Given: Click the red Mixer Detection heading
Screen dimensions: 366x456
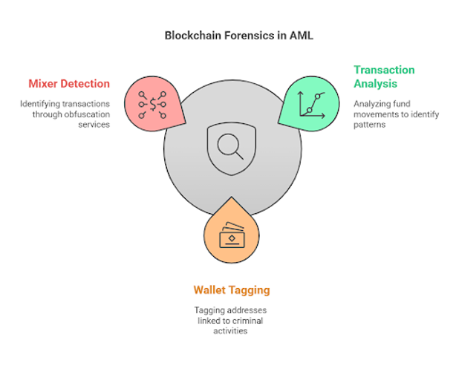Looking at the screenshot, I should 69,84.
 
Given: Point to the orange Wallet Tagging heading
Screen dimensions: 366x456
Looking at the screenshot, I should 231,290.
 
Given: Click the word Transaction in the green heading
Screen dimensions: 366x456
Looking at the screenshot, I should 384,70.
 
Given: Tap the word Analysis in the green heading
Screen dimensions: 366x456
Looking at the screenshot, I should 375,83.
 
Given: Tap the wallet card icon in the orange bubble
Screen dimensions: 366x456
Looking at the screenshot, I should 231,236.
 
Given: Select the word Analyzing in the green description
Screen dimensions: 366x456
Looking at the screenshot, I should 373,104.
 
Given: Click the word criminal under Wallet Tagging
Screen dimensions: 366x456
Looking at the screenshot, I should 250,321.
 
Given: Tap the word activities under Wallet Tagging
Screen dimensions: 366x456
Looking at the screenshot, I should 230,331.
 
